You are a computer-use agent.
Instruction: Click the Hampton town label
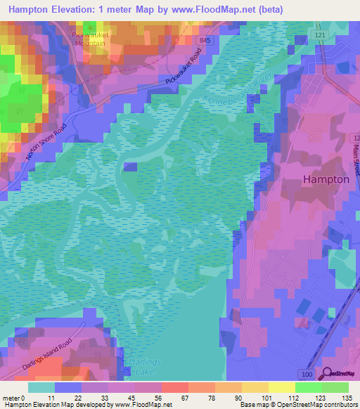coord(326,179)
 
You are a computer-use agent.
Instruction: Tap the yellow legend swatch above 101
coord(281,387)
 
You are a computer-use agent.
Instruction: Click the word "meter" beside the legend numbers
coord(11,399)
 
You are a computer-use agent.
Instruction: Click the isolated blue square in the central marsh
coord(129,166)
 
